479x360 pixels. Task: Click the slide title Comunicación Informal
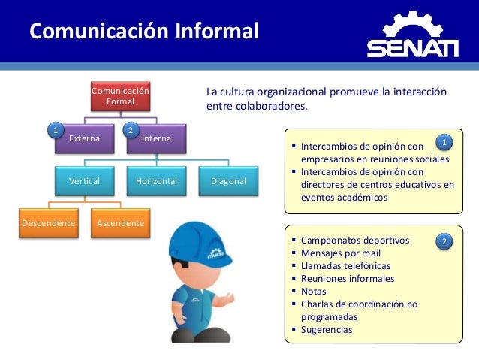[x=143, y=32]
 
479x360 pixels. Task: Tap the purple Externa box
[x=85, y=139]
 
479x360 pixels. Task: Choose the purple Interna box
[x=156, y=139]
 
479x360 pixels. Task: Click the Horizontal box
[x=156, y=182]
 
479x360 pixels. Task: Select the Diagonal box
[x=228, y=182]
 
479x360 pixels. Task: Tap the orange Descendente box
[x=48, y=224]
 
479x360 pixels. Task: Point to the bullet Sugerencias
[x=326, y=330]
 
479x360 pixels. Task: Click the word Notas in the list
[x=313, y=292]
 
